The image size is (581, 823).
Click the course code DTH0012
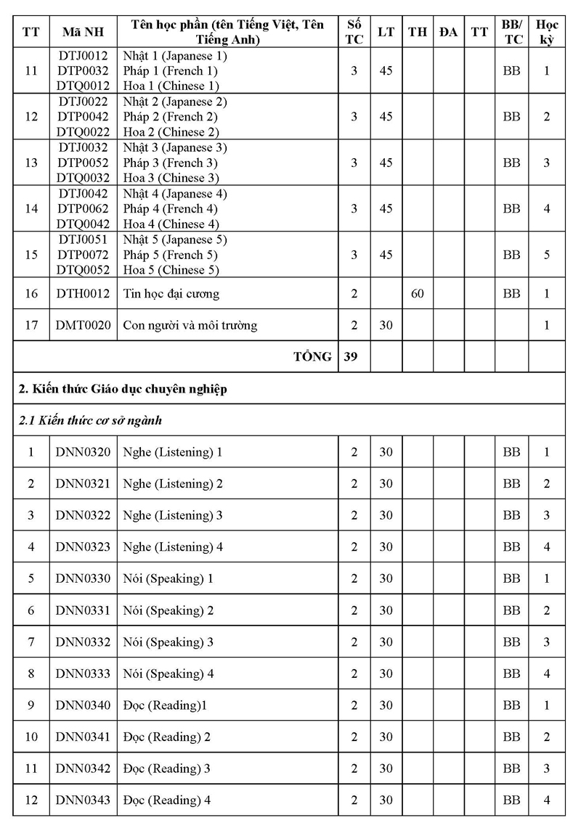tap(83, 294)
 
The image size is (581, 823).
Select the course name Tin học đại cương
tap(171, 294)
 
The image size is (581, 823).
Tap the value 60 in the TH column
tap(417, 294)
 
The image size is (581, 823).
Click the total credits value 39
tap(354, 356)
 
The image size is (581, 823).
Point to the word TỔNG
tap(312, 356)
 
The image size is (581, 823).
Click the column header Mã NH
tap(83, 32)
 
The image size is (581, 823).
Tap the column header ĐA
tap(448, 32)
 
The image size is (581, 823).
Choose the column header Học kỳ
tap(547, 32)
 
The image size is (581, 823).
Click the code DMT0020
tap(83, 326)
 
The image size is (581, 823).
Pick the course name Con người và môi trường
tap(190, 326)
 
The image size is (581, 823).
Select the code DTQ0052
tap(83, 270)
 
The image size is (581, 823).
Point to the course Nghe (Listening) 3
tap(173, 515)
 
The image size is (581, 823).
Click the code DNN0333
tap(83, 673)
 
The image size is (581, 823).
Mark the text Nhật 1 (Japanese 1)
tap(176, 55)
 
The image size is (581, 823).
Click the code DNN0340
tap(83, 705)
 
